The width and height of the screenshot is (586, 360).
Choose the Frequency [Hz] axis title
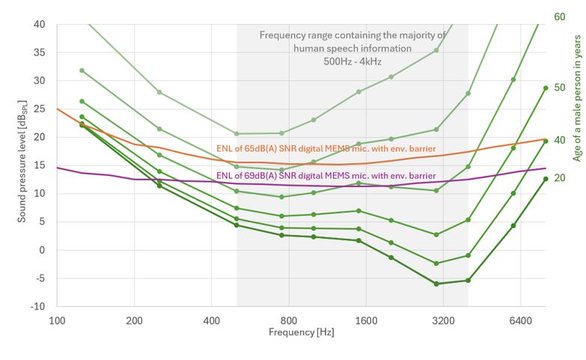click(303, 332)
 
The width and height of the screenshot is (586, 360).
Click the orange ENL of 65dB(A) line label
click(326, 149)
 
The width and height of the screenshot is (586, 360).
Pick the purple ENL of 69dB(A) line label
click(326, 176)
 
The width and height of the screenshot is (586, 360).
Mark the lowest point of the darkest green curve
click(436, 284)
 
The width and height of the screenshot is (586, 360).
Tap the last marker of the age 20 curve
click(546, 179)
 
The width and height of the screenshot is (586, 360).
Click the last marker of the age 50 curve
click(546, 88)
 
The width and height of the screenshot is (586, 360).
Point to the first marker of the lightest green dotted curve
click(82, 70)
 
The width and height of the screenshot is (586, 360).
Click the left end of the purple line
click(58, 168)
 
